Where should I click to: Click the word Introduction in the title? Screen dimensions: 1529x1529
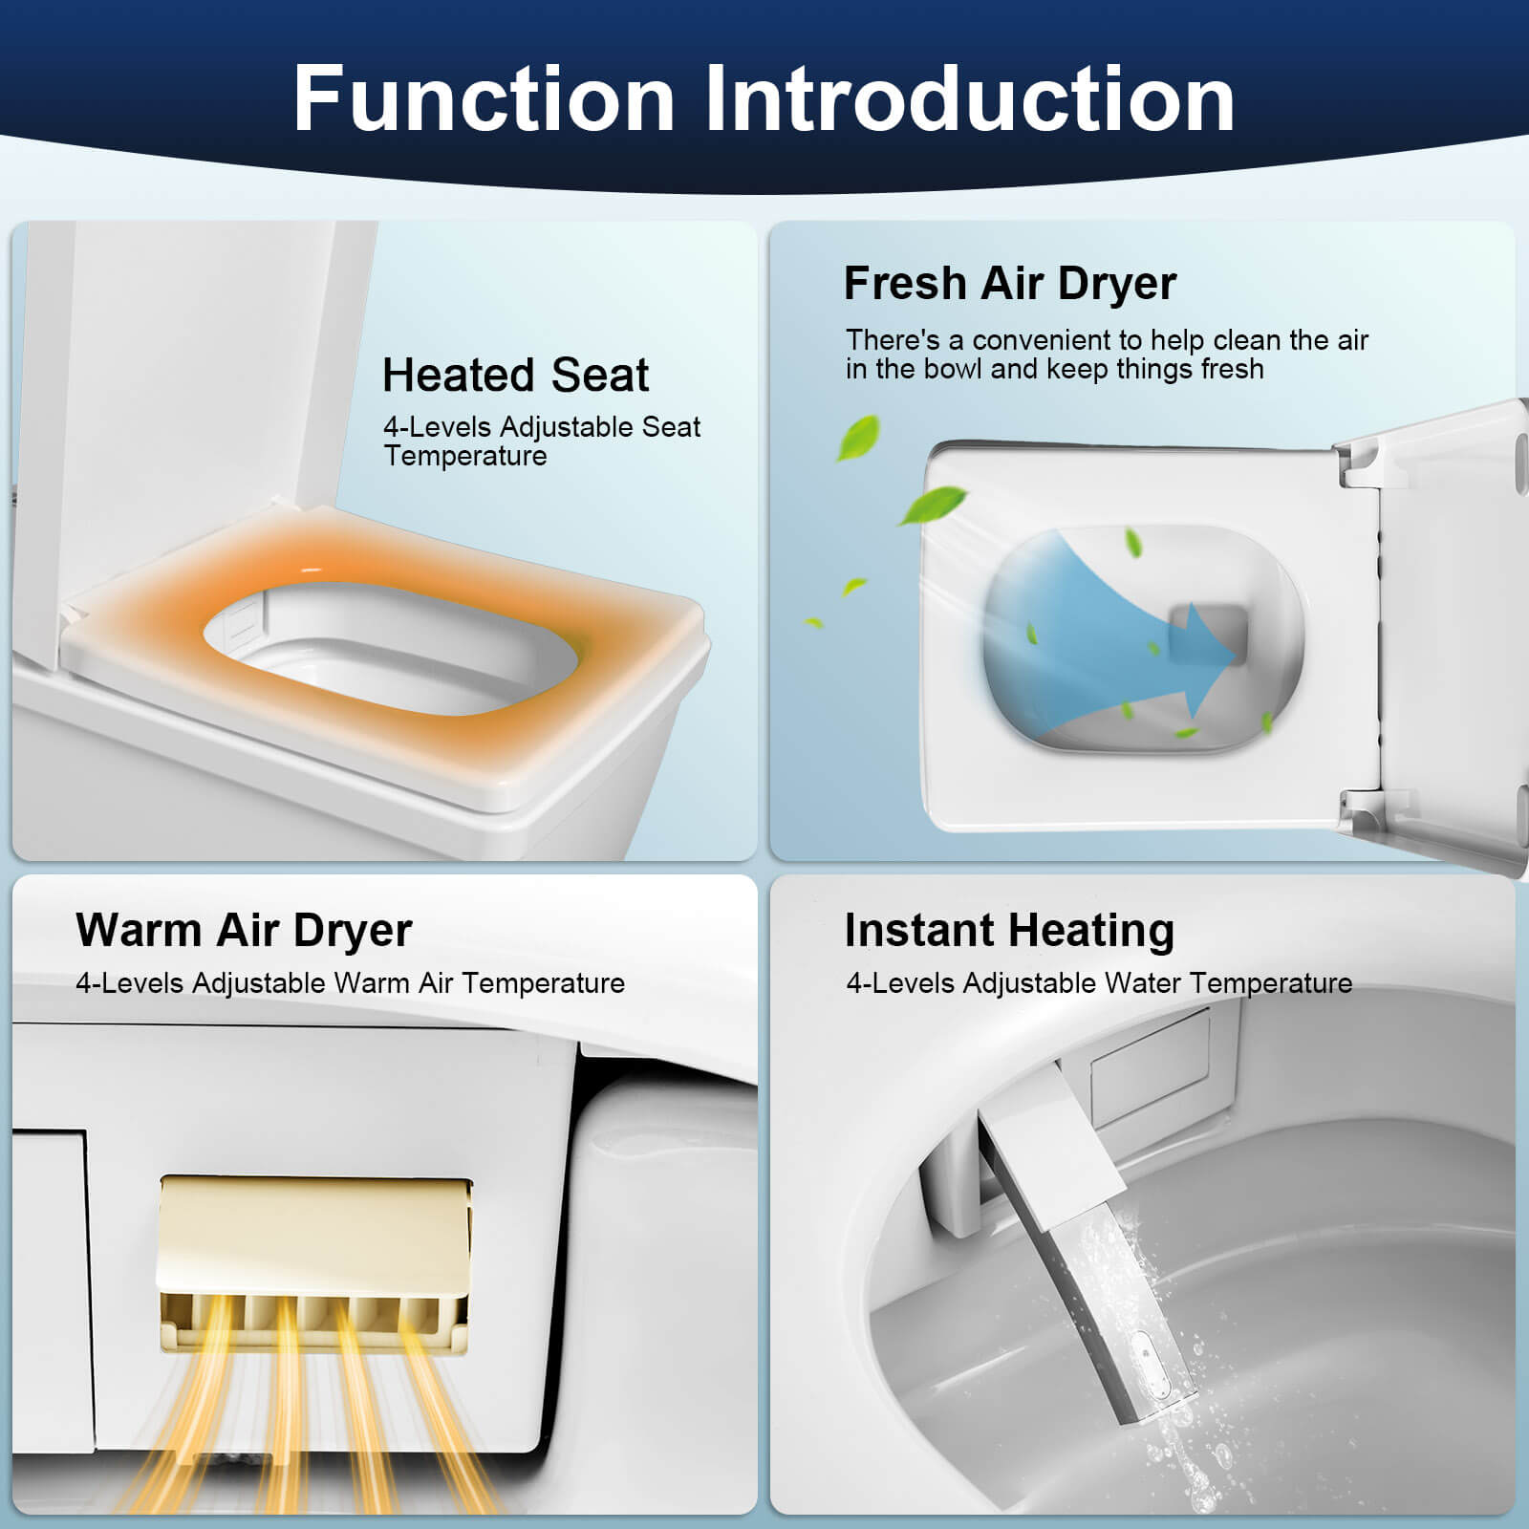click(969, 98)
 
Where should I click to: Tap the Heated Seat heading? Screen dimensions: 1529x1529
click(515, 375)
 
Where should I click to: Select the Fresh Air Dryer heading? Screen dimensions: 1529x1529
click(1009, 283)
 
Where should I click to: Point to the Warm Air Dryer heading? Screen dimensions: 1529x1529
click(244, 930)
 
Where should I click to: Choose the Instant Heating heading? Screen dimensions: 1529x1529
click(1009, 930)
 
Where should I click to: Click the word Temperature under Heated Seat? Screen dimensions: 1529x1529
click(465, 456)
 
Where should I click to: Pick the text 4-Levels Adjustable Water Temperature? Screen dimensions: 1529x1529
click(1099, 983)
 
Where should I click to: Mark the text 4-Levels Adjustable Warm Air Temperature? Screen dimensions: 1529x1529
click(350, 983)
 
